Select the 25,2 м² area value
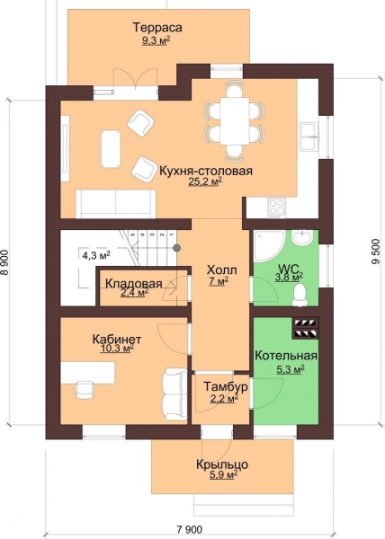[x=205, y=181]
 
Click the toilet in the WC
[x=302, y=293]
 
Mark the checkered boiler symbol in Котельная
[x=306, y=328]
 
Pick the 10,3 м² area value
[x=115, y=353]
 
